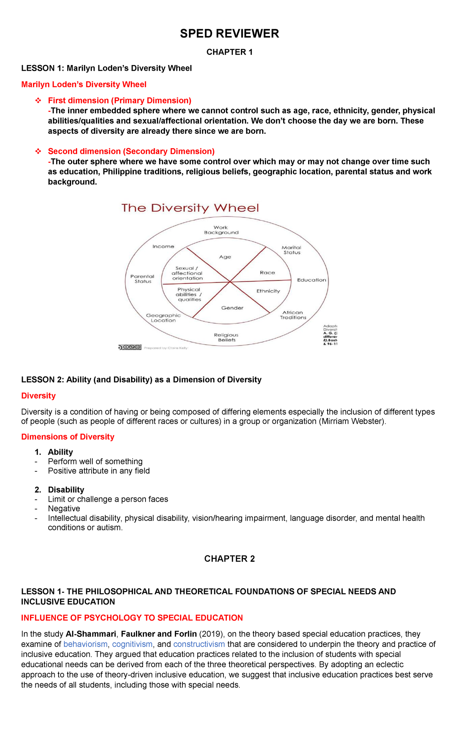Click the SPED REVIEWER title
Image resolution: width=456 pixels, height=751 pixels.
pyautogui.click(x=229, y=34)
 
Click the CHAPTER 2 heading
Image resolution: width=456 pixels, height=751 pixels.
pyautogui.click(x=229, y=559)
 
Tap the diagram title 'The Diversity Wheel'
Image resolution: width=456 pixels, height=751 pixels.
pyautogui.click(x=190, y=208)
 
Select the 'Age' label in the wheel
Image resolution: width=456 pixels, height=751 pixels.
pyautogui.click(x=225, y=257)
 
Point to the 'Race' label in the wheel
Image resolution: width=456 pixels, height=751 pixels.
pyautogui.click(x=267, y=273)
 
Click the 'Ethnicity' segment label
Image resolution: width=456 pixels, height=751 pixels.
pyautogui.click(x=268, y=291)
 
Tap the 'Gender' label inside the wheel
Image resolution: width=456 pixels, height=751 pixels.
pyautogui.click(x=232, y=308)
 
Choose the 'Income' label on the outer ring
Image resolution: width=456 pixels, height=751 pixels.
pyautogui.click(x=163, y=247)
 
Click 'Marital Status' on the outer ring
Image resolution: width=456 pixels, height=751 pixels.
pyautogui.click(x=291, y=250)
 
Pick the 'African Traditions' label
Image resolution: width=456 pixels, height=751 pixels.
pyautogui.click(x=293, y=315)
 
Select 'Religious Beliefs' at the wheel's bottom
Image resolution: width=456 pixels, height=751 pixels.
pyautogui.click(x=226, y=337)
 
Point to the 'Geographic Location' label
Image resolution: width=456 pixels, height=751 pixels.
pyautogui.click(x=163, y=318)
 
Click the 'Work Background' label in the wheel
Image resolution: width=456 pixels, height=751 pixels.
pyautogui.click(x=221, y=230)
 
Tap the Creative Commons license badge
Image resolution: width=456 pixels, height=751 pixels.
pyautogui.click(x=130, y=347)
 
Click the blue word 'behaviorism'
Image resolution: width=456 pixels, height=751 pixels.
pyautogui.click(x=85, y=644)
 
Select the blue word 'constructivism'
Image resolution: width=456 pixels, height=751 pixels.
pyautogui.click(x=199, y=644)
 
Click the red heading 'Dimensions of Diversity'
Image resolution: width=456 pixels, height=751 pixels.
pyautogui.click(x=68, y=437)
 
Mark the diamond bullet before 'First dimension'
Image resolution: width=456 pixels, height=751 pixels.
pyautogui.click(x=38, y=101)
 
